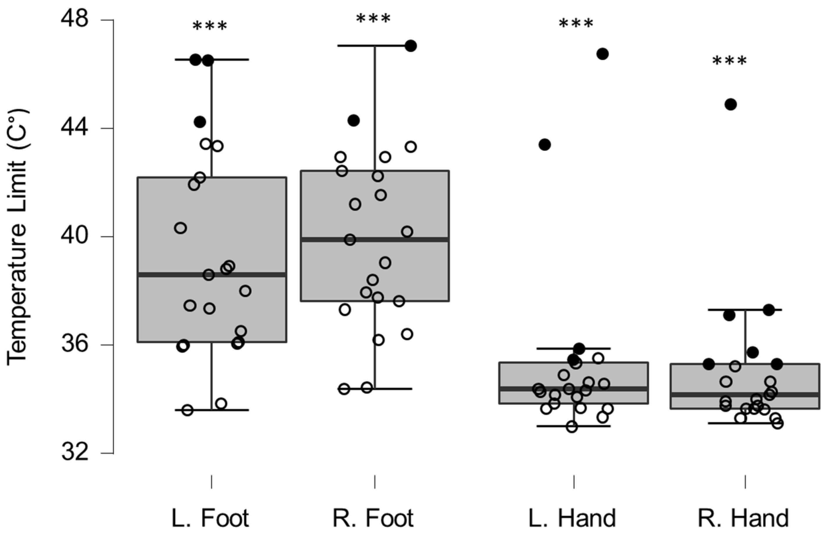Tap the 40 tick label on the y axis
[75, 237]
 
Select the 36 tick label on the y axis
[75, 345]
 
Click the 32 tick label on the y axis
[75, 453]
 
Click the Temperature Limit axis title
[17, 237]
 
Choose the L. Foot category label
[210, 519]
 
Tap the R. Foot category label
[373, 519]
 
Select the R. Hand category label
[743, 519]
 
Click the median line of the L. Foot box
[212, 274]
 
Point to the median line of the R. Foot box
[375, 239]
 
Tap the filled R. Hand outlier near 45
[731, 104]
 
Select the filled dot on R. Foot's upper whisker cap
[411, 46]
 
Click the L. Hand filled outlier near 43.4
[545, 144]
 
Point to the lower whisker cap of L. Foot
[212, 410]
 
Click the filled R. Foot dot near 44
[354, 120]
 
